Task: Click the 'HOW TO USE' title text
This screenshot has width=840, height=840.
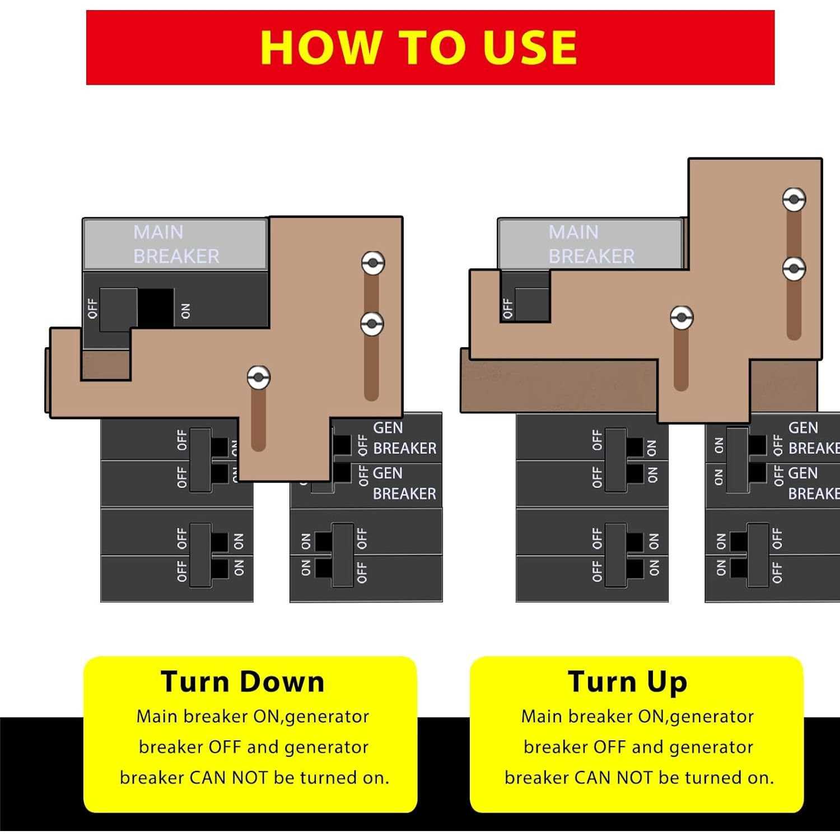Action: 419,47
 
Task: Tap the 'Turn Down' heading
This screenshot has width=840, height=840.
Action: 242,682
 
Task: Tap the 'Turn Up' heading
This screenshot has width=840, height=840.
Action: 627,682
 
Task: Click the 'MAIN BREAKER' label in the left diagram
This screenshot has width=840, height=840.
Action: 176,244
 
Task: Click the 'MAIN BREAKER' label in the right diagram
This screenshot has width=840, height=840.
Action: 591,244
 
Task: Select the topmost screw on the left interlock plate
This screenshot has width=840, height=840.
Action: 372,263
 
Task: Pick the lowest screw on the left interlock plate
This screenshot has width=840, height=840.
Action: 259,377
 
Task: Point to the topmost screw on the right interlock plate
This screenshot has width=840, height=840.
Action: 794,199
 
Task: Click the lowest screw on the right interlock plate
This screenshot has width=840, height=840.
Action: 682,318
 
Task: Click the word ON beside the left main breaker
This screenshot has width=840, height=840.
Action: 186,311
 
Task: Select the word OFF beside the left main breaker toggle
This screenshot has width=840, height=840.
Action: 93,309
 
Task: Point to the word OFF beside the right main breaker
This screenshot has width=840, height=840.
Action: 508,308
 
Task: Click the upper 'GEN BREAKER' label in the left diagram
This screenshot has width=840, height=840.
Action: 404,438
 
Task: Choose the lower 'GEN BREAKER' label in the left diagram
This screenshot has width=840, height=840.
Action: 404,483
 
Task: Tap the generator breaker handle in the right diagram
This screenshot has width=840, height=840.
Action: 737,460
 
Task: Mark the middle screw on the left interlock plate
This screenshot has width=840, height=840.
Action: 372,324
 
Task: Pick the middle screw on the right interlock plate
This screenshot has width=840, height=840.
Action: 794,269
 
